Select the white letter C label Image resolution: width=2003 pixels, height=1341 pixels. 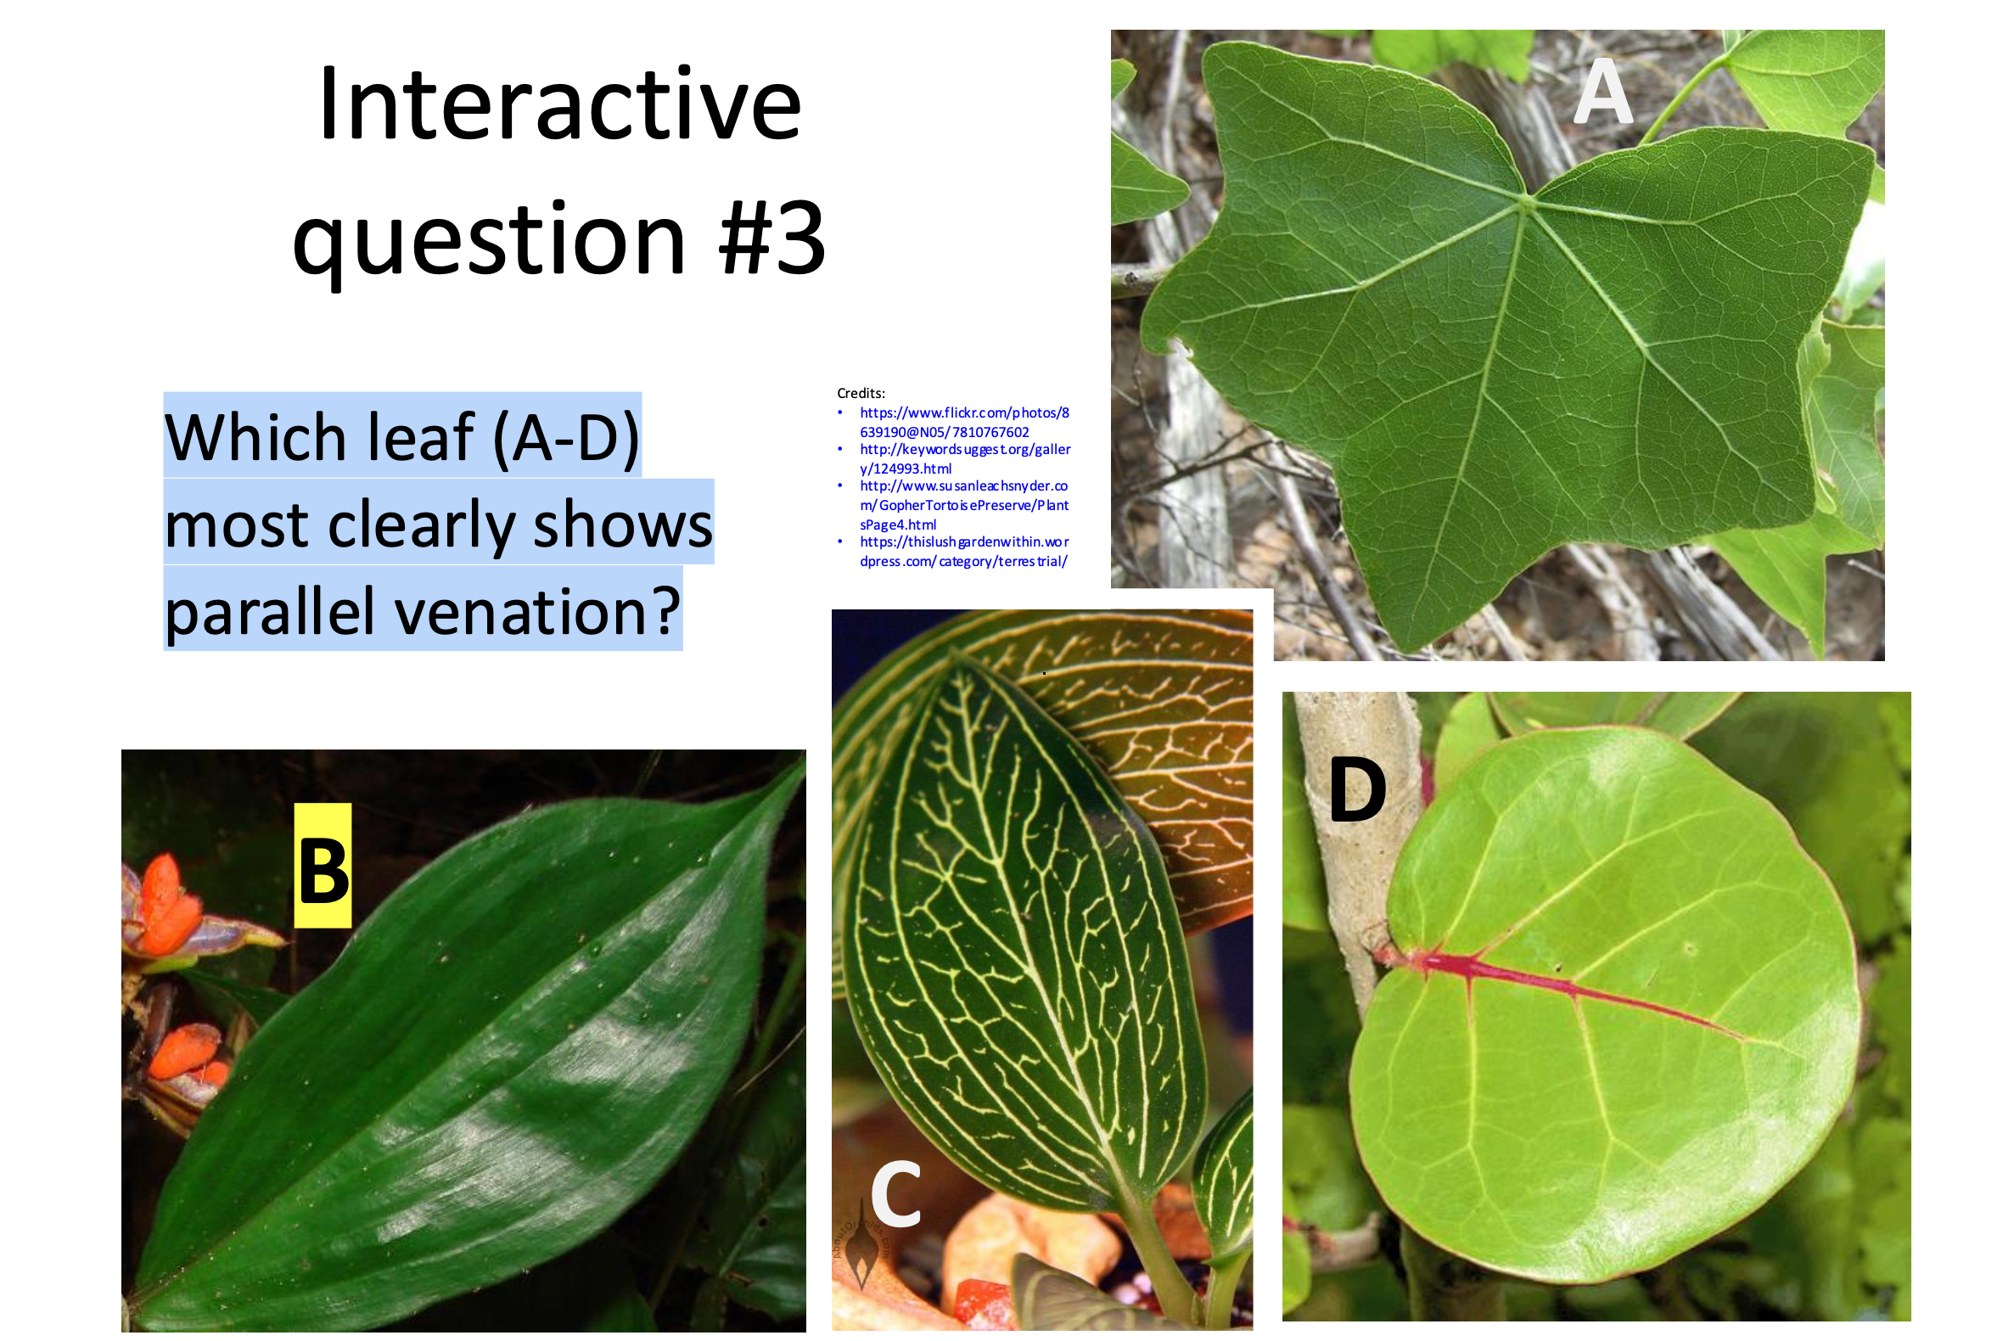click(x=895, y=1194)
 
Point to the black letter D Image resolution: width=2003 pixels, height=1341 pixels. click(x=1357, y=790)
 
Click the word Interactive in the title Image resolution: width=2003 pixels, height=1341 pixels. click(x=560, y=105)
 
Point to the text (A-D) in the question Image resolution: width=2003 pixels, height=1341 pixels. click(x=566, y=437)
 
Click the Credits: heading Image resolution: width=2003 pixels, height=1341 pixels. click(x=861, y=394)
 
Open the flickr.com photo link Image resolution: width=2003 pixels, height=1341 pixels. click(x=964, y=423)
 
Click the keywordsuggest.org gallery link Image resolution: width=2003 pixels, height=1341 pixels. click(x=965, y=459)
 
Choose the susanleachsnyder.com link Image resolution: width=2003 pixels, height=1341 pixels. click(x=964, y=506)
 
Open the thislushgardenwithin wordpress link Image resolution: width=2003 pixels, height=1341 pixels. click(x=964, y=552)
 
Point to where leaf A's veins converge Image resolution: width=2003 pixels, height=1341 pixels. click(x=1528, y=202)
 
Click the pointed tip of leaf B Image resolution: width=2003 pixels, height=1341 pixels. click(x=799, y=764)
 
